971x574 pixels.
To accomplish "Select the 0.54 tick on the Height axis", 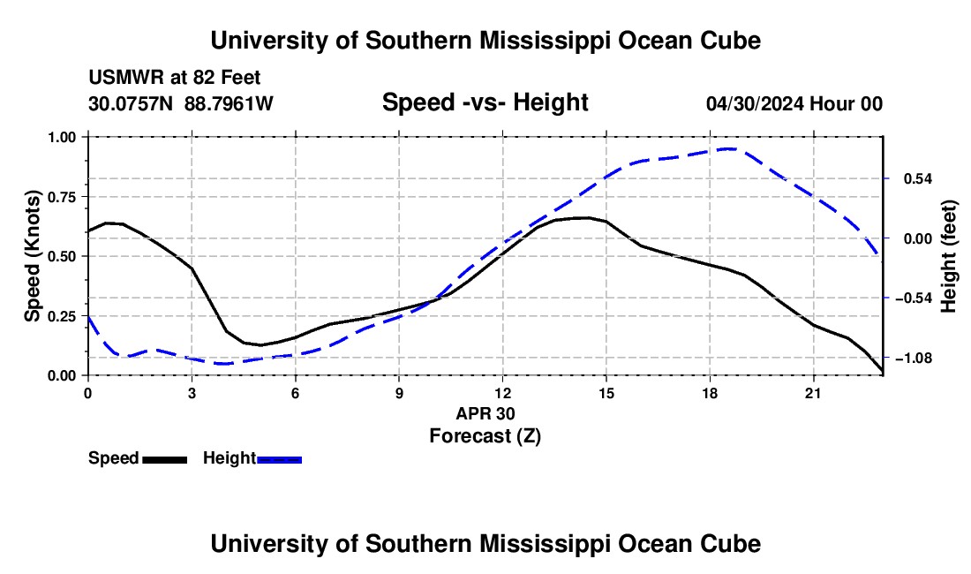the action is [918, 179].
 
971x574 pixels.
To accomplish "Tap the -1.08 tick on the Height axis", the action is [914, 358].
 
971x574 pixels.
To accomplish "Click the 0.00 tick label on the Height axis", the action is [918, 239].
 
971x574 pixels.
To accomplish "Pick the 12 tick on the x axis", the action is [502, 393].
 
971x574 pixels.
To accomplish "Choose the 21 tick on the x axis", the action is [812, 393].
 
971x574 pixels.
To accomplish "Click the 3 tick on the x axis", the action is [192, 393].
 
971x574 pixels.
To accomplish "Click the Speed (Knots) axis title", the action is [32, 256].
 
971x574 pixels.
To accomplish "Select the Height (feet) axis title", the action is [948, 256].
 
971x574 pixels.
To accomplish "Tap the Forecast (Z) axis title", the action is [485, 436].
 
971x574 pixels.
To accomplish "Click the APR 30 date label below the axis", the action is [485, 413].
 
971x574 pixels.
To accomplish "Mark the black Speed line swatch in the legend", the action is [165, 460].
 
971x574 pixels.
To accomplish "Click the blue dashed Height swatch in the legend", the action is [279, 460].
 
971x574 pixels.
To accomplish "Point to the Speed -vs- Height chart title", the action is [485, 102].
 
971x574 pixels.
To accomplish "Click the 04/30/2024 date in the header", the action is [756, 103].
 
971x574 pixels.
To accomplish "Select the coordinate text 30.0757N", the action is [131, 103].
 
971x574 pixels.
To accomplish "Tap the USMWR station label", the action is [126, 78].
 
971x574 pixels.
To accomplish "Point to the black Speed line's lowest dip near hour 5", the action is [260, 345].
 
